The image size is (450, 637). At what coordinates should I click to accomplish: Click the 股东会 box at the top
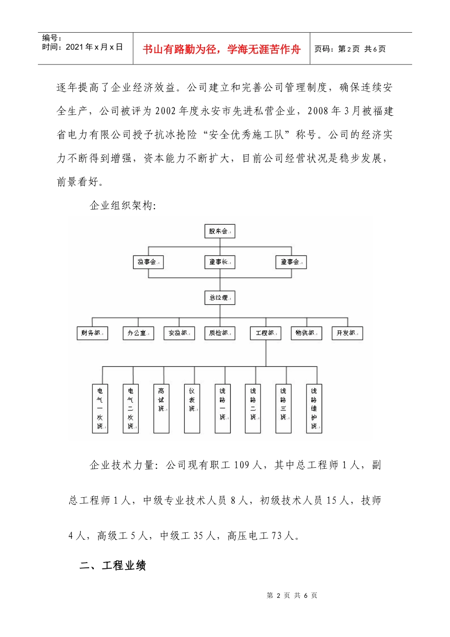coord(219,231)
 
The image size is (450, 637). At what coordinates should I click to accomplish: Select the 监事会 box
coord(148,262)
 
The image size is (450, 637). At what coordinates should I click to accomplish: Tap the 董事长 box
coord(219,262)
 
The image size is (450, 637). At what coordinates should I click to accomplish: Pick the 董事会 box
coord(291,262)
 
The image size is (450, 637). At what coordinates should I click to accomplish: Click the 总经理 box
coord(219,298)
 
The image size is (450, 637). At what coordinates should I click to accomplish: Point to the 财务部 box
coord(92,333)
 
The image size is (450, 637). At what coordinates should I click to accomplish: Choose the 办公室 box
coord(138,333)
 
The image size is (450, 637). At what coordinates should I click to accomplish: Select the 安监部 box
coord(179,333)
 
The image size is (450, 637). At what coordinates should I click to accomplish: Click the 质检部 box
coord(220,333)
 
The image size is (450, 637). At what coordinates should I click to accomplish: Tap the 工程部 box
coord(266,333)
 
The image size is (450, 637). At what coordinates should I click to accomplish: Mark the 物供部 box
coord(306,333)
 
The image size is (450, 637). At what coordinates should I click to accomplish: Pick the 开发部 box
coord(347,333)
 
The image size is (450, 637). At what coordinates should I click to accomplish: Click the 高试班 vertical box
coord(162,408)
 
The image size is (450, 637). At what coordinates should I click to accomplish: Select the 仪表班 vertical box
coord(192,408)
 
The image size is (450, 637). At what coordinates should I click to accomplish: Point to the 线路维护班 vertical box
coord(314,408)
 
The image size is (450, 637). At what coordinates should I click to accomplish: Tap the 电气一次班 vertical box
coord(100,408)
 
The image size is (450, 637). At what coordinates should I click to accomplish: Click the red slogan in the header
coord(222,49)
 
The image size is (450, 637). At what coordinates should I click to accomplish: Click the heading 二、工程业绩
coord(113,565)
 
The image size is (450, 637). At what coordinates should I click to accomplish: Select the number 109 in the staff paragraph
coord(241,465)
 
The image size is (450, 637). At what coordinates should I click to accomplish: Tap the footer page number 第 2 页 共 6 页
coord(292,595)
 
